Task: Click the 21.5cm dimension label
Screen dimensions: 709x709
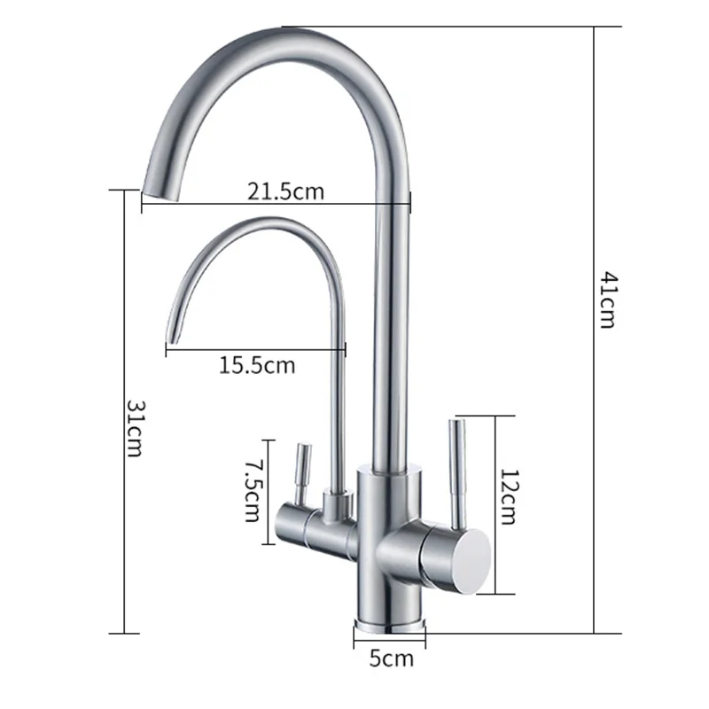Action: pos(285,191)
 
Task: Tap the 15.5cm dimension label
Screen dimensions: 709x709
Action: pos(257,365)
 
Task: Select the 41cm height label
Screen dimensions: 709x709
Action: pos(607,300)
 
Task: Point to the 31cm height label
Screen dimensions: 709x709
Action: pos(136,428)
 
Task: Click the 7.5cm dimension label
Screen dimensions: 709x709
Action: pos(252,492)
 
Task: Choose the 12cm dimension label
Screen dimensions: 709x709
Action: pos(508,497)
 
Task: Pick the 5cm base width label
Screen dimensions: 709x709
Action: pos(391,658)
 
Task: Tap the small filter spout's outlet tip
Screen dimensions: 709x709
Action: pos(173,339)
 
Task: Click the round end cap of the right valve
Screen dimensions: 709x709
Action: pos(472,561)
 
